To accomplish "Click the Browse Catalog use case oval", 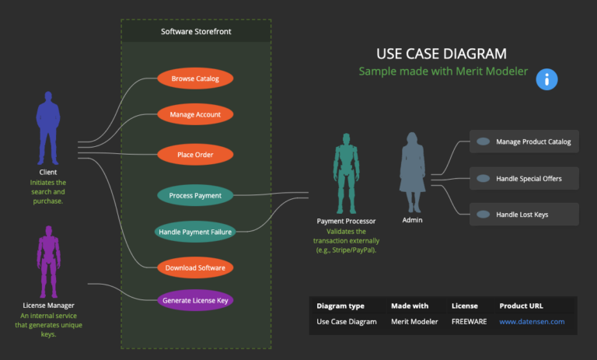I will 195,79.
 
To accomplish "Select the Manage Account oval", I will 195,115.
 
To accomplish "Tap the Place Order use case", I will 195,155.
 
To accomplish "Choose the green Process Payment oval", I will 195,195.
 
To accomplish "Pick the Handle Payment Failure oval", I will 195,232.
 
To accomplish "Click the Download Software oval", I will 195,268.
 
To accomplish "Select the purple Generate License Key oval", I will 195,299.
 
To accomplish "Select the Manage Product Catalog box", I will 524,142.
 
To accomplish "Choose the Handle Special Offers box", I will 524,178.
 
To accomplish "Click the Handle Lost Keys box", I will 524,214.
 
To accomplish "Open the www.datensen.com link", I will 532,321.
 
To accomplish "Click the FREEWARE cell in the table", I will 469,321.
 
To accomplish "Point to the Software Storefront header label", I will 196,32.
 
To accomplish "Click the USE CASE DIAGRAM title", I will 442,54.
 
